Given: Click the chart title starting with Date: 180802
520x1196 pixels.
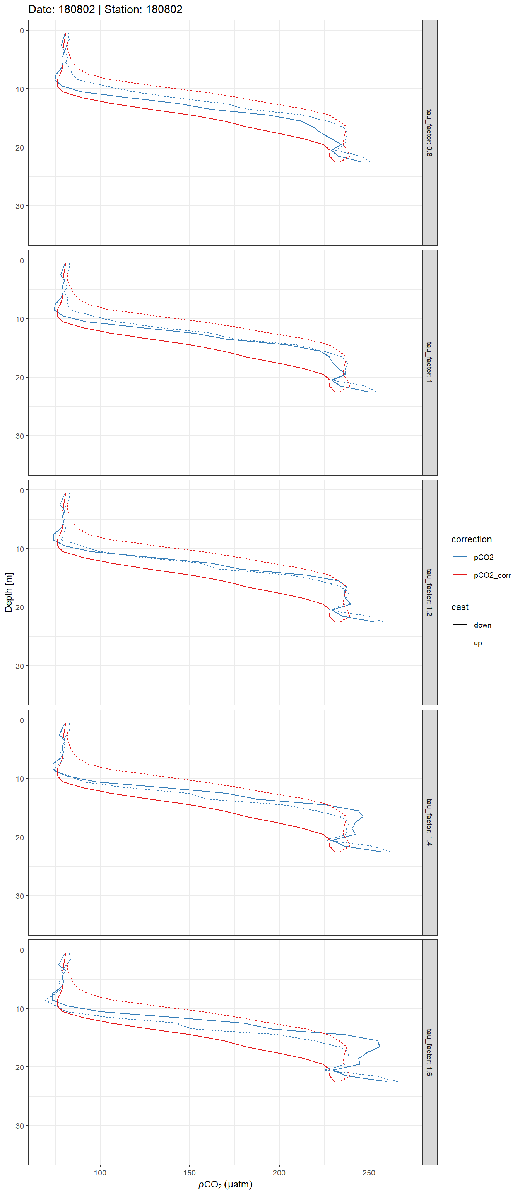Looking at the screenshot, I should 105,9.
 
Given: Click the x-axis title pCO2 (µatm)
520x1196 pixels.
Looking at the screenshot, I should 225,1184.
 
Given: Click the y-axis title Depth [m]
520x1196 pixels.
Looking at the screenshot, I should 9,592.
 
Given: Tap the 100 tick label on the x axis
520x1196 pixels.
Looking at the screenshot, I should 100,1172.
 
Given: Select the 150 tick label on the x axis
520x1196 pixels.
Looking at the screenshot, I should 190,1172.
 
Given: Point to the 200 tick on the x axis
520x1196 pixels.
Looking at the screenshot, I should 279,1172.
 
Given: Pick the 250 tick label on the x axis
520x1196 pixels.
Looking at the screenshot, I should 369,1172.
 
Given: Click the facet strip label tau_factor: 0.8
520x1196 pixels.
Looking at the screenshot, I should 429,132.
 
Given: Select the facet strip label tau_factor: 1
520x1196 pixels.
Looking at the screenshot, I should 429,362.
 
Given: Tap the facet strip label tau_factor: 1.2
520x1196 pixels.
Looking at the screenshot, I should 429,592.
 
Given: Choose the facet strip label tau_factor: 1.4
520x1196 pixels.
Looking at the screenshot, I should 429,822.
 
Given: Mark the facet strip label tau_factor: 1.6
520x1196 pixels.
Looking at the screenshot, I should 429,1052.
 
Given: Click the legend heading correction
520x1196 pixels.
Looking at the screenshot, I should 471,539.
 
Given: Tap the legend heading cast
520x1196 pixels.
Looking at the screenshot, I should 460,607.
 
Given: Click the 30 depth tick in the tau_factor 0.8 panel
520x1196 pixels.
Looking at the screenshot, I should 19,206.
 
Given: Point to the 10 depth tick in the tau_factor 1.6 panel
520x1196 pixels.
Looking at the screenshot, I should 19,1008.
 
